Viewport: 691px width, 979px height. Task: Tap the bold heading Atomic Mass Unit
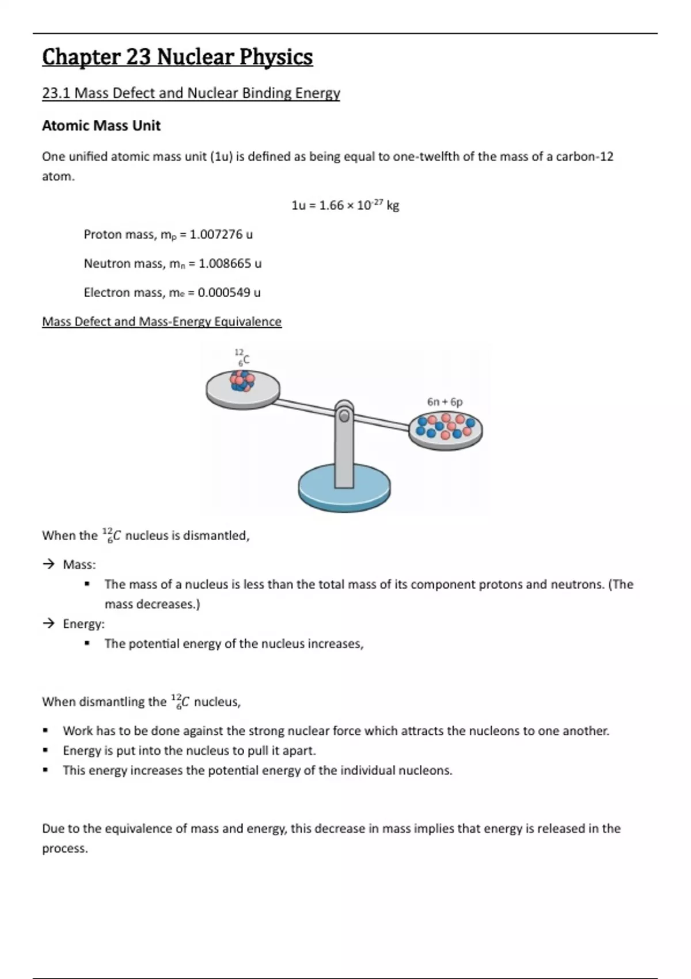click(x=101, y=126)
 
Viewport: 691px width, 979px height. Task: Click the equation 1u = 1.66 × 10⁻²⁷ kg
click(x=345, y=206)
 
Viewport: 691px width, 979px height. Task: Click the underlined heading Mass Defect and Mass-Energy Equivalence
click(x=161, y=322)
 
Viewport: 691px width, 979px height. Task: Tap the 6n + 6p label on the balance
click(x=445, y=401)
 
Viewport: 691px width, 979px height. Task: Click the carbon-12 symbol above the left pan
click(x=242, y=357)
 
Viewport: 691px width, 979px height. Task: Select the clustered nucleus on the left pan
click(x=242, y=381)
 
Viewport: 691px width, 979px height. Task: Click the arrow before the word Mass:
click(x=48, y=564)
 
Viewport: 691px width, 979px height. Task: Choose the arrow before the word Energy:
click(x=48, y=624)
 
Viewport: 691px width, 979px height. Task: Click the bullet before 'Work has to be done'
click(x=45, y=731)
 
